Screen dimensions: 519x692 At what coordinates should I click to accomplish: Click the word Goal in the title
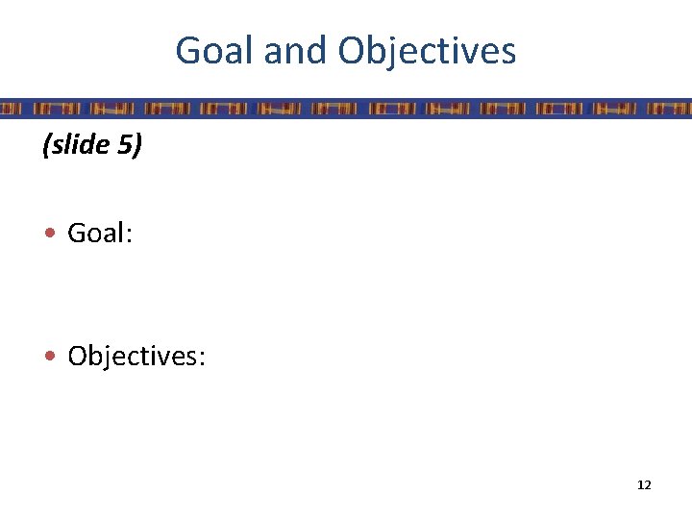pos(214,51)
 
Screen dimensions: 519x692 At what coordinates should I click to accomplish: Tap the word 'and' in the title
pos(295,51)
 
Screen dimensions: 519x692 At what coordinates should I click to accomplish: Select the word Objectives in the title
pos(428,51)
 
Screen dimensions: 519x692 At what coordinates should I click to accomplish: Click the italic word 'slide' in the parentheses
pos(81,145)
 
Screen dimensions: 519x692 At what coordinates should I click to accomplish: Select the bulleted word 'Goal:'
pos(100,235)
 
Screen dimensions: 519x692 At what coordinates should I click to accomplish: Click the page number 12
pos(644,485)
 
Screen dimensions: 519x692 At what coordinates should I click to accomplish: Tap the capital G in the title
pos(187,51)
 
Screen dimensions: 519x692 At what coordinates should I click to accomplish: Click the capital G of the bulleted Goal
pos(77,235)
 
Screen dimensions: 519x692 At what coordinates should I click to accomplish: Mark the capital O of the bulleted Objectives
pos(78,357)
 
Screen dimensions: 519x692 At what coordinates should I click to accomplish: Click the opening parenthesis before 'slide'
pos(45,146)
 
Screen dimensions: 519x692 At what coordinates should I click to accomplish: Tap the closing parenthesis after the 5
pos(137,146)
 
